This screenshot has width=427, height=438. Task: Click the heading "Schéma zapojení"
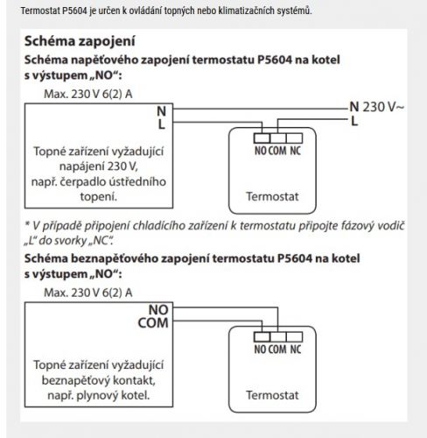(x=80, y=41)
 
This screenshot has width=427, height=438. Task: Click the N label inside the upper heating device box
(x=161, y=111)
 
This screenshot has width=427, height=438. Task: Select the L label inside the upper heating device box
(x=162, y=124)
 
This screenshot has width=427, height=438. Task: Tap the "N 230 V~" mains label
(x=377, y=107)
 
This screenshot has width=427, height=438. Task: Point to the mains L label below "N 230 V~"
(x=354, y=121)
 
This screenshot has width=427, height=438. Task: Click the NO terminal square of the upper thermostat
(x=262, y=138)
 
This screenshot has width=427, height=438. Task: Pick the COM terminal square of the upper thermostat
(x=278, y=138)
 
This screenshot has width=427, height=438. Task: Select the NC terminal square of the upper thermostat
(x=294, y=138)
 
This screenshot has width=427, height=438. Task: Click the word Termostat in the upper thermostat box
(x=272, y=196)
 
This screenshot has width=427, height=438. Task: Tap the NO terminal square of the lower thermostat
(x=262, y=337)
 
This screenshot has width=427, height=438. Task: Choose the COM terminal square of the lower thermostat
(x=278, y=337)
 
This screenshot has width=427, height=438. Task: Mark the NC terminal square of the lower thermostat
(x=294, y=337)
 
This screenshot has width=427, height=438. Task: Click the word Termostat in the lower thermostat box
(x=272, y=395)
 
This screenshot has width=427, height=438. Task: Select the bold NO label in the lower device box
(x=158, y=310)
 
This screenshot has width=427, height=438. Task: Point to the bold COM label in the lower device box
(x=153, y=323)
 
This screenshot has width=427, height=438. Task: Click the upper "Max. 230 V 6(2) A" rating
(x=88, y=94)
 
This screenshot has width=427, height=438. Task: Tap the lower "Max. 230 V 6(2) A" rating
(x=88, y=293)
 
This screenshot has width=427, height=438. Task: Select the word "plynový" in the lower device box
(x=98, y=396)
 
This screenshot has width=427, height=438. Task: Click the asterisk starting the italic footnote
(x=27, y=224)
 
